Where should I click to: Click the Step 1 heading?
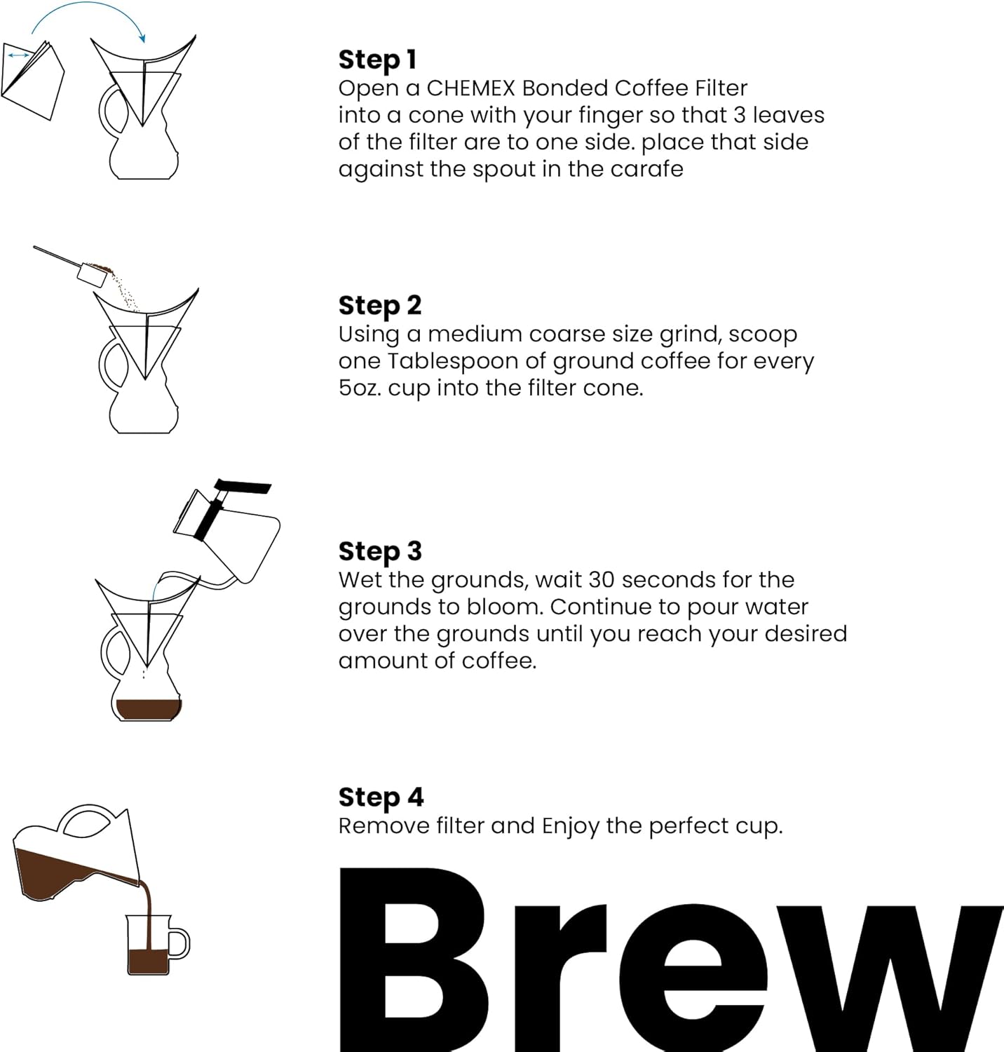pyautogui.click(x=377, y=60)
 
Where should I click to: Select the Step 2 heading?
pyautogui.click(x=379, y=305)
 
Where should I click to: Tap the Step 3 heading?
pyautogui.click(x=379, y=551)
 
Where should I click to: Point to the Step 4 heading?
pyautogui.click(x=381, y=797)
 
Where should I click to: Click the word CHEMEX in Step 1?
pyautogui.click(x=470, y=88)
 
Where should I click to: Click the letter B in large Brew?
pyautogui.click(x=414, y=961)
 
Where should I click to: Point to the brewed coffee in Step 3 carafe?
pyautogui.click(x=148, y=709)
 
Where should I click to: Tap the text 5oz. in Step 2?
pyautogui.click(x=360, y=388)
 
